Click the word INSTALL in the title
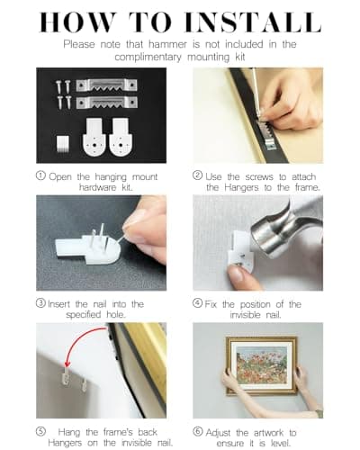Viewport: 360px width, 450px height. [x=253, y=22]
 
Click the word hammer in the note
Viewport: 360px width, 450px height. [x=167, y=44]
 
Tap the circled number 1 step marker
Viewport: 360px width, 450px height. [x=40, y=175]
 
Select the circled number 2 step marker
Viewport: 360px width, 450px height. [x=197, y=175]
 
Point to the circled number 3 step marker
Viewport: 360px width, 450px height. [x=40, y=303]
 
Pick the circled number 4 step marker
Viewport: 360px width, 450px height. [x=197, y=303]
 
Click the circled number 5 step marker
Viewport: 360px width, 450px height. [x=40, y=431]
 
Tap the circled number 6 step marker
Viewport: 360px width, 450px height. [x=197, y=431]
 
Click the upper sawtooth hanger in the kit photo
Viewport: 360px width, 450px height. [x=106, y=85]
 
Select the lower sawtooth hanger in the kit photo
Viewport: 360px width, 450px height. [x=106, y=103]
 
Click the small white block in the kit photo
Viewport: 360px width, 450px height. [x=63, y=144]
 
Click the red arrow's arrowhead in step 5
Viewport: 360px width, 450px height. [x=67, y=364]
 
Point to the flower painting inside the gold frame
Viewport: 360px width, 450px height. [x=261, y=366]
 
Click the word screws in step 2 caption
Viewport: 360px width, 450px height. [x=259, y=177]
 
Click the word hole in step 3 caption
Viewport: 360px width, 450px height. [x=115, y=315]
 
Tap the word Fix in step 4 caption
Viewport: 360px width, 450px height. [x=211, y=304]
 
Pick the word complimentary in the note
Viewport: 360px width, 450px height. [x=148, y=57]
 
